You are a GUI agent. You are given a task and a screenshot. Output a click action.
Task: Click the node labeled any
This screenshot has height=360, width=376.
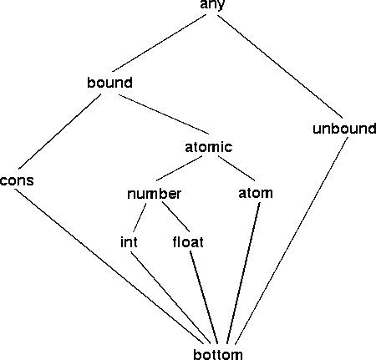click(x=212, y=5)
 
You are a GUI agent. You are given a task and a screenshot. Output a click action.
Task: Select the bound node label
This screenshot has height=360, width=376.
click(x=109, y=83)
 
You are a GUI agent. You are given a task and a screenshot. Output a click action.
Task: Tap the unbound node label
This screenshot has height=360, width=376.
click(x=344, y=129)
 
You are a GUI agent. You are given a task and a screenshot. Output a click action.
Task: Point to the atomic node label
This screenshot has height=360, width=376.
click(x=208, y=146)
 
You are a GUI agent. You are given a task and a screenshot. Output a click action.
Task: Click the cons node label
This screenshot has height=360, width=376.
click(x=17, y=180)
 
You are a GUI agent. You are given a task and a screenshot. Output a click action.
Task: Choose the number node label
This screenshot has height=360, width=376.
click(x=154, y=194)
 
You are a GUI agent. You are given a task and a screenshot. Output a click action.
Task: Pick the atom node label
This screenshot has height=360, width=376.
click(x=256, y=193)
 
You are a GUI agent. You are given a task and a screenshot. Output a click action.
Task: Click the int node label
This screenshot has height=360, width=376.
click(x=129, y=241)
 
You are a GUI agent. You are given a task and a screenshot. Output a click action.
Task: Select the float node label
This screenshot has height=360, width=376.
click(x=188, y=241)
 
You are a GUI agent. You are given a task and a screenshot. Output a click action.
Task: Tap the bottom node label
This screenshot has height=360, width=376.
click(x=218, y=354)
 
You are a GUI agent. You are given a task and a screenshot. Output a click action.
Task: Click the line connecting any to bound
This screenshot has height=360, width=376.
click(x=160, y=43)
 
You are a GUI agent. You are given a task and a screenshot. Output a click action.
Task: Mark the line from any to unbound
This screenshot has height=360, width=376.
click(x=280, y=66)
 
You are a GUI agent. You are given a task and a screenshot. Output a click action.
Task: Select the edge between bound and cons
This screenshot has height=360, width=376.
click(x=60, y=131)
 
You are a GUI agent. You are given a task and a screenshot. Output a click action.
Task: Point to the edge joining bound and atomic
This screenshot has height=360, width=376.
click(x=164, y=114)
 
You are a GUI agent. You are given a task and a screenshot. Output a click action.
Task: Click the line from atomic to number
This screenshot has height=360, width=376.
click(x=180, y=168)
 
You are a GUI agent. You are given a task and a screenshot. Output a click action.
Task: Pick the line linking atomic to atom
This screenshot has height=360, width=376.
click(x=236, y=168)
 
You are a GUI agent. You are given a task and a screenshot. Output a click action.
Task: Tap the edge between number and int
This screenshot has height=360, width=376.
click(x=140, y=218)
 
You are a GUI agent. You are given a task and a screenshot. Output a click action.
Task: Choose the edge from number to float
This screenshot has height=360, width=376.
click(x=176, y=216)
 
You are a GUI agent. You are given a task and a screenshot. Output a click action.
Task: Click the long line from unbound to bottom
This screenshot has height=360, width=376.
click(x=292, y=241)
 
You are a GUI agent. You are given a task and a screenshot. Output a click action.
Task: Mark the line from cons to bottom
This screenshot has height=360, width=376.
click(x=109, y=266)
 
